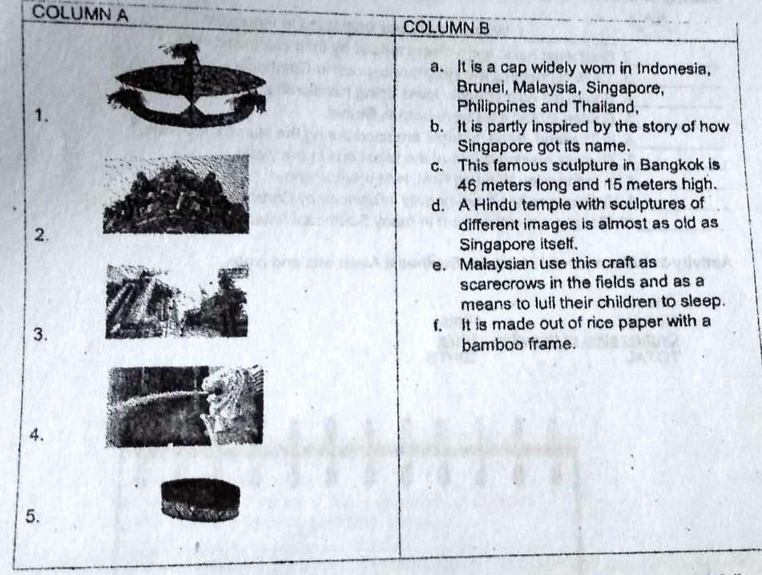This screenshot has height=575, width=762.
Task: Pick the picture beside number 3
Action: (177, 300)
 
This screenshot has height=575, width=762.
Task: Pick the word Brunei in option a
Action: (478, 87)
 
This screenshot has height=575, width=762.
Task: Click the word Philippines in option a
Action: (493, 107)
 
